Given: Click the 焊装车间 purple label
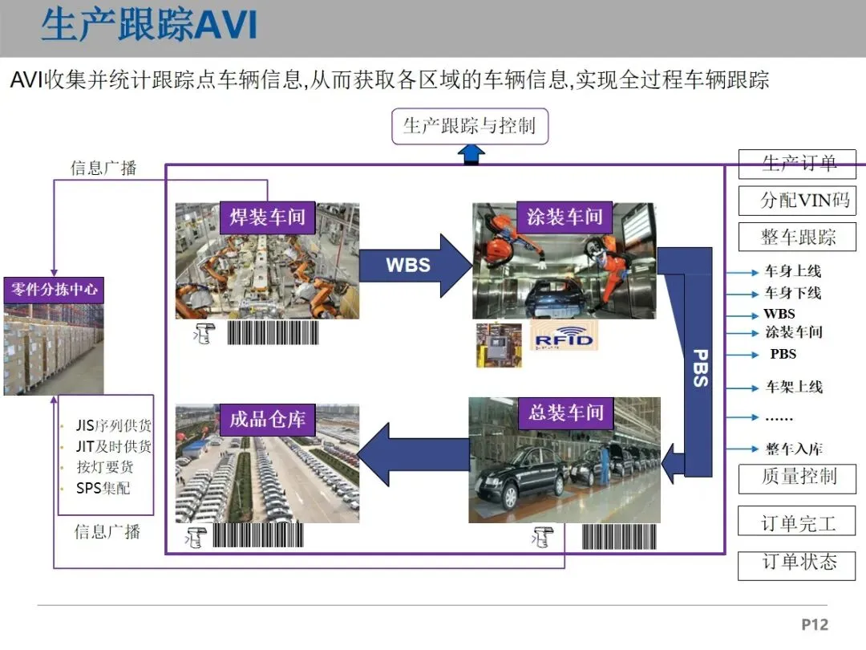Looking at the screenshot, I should (x=268, y=217).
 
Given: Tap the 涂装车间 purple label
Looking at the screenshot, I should (x=565, y=217).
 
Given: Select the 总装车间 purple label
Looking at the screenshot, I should (x=566, y=413).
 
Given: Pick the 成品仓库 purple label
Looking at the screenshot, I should (x=268, y=420).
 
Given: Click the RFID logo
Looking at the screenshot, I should (x=565, y=338).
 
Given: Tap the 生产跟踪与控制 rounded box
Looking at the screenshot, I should (x=469, y=126).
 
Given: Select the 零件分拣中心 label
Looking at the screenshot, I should (x=53, y=290).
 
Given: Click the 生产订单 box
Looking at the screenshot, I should (x=797, y=164).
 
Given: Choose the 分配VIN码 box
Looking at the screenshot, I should (x=797, y=200).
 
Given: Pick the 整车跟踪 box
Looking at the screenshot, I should (x=797, y=237).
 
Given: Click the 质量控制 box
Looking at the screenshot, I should (x=797, y=477).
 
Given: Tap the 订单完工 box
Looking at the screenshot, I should (x=797, y=523).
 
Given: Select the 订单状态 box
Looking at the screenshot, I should (x=797, y=563).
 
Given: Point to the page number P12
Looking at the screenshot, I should (x=814, y=624).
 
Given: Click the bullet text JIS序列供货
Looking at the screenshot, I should (x=113, y=426).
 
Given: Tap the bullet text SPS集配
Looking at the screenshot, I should (x=103, y=488).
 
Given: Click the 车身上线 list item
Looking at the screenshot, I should (x=792, y=272).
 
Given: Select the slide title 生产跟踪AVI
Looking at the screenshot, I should (x=149, y=26).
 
